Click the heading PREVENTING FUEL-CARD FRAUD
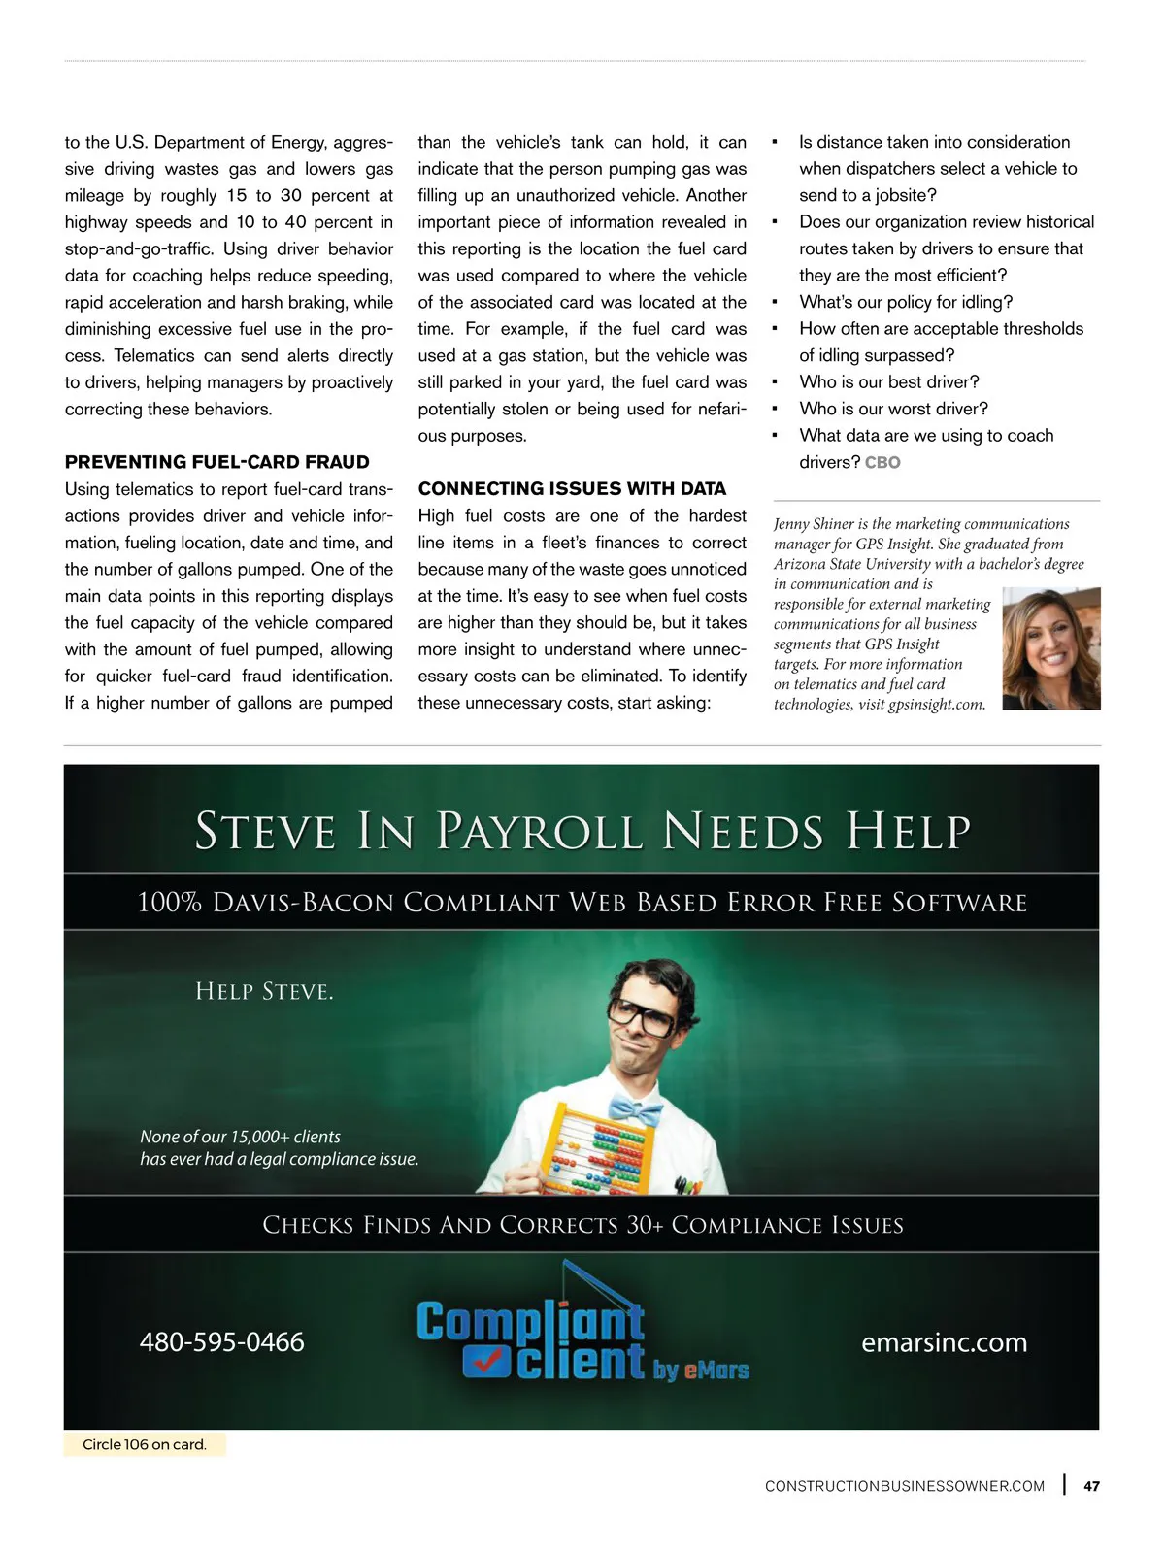click(x=216, y=462)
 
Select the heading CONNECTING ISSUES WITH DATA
click(x=572, y=488)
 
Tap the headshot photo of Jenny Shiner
click(x=1050, y=648)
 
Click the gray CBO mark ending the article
click(x=882, y=463)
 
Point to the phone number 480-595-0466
click(x=221, y=1342)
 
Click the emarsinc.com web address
click(x=944, y=1342)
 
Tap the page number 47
click(x=1092, y=1486)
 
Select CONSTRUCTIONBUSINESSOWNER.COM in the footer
click(x=905, y=1486)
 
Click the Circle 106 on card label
click(x=145, y=1444)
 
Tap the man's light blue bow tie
click(x=636, y=1109)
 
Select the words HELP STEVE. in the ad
click(x=264, y=991)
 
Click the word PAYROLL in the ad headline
click(x=539, y=832)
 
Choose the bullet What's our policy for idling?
click(x=906, y=302)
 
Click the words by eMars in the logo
click(x=701, y=1370)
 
